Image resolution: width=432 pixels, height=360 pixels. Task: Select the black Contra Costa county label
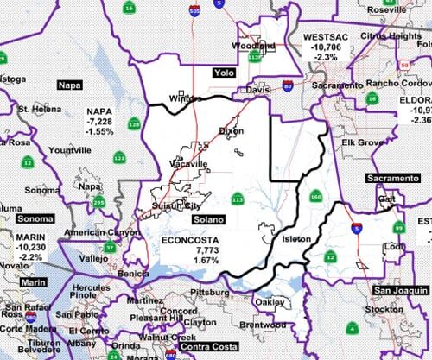(x=194, y=346)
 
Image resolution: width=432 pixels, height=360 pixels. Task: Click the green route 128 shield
(x=135, y=124)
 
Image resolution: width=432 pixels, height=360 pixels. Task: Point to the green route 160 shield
(x=316, y=196)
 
